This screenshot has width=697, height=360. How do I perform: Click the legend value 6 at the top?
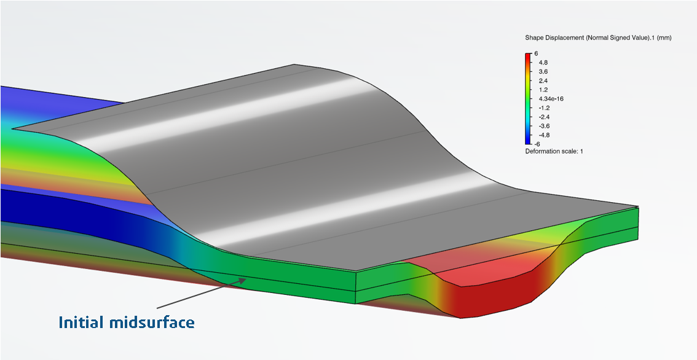(x=536, y=53)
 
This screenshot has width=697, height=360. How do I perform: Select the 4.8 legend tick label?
(x=543, y=62)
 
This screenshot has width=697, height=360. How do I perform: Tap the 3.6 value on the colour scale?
(x=543, y=71)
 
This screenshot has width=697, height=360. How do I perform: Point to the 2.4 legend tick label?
(x=543, y=80)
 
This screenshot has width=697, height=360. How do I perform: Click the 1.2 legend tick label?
(x=543, y=90)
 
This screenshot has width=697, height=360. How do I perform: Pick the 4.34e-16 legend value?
(x=551, y=98)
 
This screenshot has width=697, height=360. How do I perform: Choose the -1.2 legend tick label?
(x=544, y=108)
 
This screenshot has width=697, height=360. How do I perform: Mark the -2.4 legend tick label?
(x=544, y=117)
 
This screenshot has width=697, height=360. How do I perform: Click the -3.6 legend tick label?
(x=544, y=126)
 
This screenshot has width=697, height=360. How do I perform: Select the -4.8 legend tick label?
(x=544, y=135)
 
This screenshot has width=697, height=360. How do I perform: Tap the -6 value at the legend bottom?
(x=537, y=143)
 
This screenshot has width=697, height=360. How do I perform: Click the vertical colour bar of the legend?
(x=528, y=98)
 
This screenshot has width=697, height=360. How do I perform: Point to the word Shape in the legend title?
(x=534, y=38)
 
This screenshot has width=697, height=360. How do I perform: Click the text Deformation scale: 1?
(x=554, y=151)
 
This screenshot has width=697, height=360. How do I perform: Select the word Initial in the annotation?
(x=78, y=322)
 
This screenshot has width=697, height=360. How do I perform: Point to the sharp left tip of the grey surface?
(x=14, y=129)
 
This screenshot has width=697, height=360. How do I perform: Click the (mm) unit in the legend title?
(x=664, y=38)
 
